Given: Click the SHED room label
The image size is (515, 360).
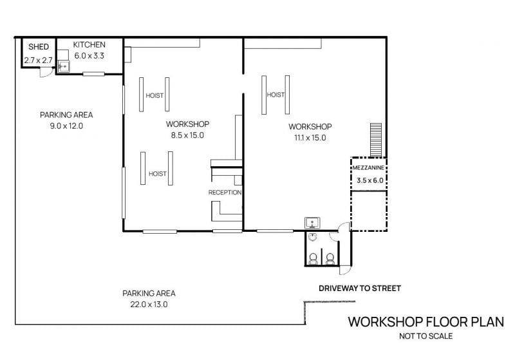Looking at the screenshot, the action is pos(39,46).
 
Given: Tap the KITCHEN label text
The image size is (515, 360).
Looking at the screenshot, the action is pos(89,44).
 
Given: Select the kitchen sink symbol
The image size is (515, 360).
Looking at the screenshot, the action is pos(63,66).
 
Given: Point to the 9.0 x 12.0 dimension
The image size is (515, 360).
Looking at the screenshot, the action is pos(66,126).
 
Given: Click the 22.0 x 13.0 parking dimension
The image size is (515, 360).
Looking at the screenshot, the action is pos(149,305).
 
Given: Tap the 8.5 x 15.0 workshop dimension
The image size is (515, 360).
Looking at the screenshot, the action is pos(187,135).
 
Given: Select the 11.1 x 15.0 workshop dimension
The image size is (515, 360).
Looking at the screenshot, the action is pos(310,138).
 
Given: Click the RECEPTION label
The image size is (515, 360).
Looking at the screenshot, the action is pos(225,193).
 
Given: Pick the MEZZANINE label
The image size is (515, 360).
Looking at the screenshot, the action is pos(368,168).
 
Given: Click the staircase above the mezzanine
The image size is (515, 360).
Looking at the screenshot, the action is pos(376,140).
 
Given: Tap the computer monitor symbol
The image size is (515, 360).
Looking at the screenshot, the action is pos(313,223).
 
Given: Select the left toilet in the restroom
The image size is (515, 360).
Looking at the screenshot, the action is pos(313,259).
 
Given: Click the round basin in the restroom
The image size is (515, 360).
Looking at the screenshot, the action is pos(313,236).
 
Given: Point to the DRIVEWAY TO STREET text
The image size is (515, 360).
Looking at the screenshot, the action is pos(360,289).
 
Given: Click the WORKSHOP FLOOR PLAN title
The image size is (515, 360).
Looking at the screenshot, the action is pos(426,322).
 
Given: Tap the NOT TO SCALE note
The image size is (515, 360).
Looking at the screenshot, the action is pos(426,336).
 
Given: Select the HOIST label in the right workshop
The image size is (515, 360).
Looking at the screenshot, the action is pos(276,95).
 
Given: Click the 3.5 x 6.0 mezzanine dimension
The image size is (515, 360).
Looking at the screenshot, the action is pos(370,180).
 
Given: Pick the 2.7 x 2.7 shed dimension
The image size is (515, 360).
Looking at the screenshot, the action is pos(39,61).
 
